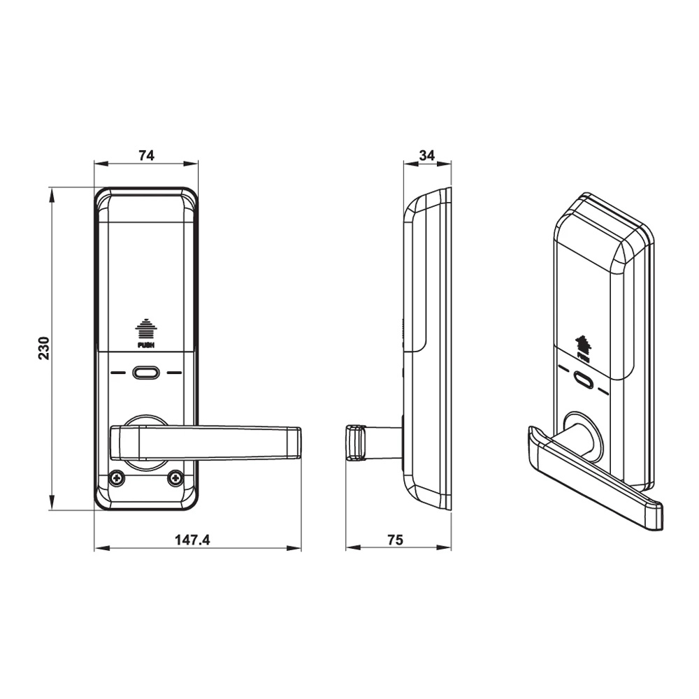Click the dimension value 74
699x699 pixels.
click(146, 155)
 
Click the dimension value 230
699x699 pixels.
click(44, 348)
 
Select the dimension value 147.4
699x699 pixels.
click(192, 540)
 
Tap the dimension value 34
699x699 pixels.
click(426, 155)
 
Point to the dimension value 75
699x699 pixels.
click(396, 540)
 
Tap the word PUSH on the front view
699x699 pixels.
click(145, 344)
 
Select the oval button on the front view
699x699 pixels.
click(145, 372)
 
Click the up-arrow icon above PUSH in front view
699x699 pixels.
click(145, 328)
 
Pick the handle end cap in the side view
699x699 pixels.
click(356, 442)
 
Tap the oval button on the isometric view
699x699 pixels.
click(583, 381)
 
